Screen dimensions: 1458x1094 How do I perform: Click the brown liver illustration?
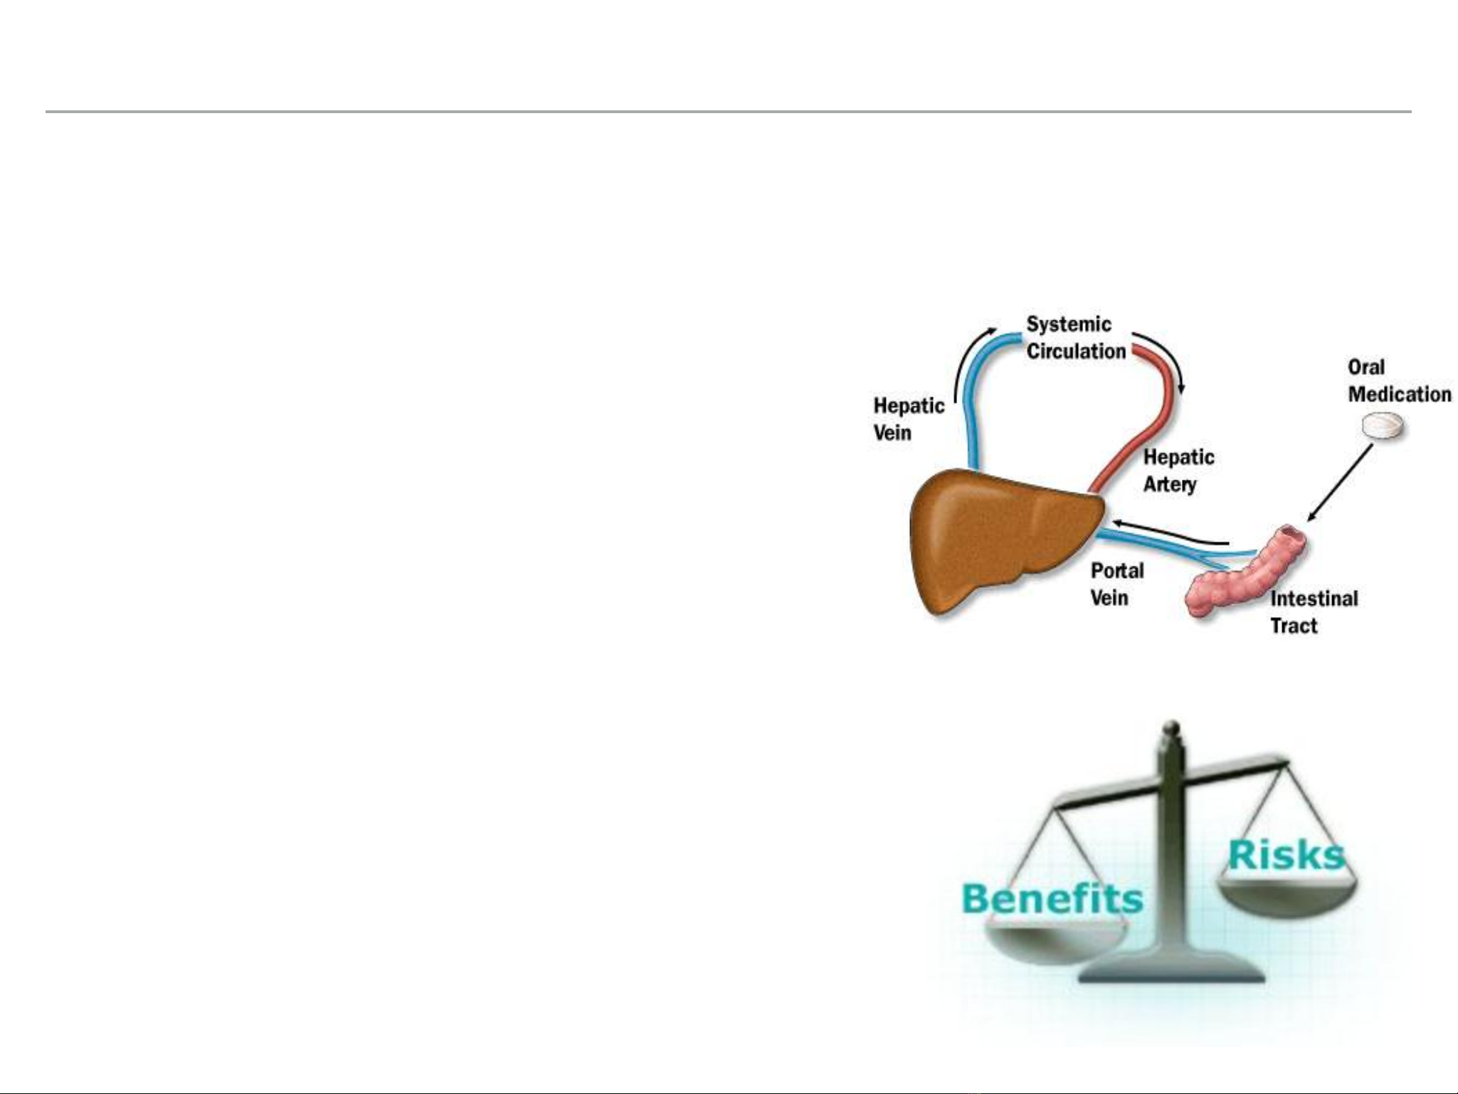pos(1003,541)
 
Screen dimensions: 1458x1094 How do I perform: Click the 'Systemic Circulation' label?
pos(1075,338)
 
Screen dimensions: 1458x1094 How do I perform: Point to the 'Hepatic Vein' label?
pos(909,419)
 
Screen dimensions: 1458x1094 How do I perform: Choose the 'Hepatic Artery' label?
pos(1178,470)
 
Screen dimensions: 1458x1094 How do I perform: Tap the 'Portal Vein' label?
pos(1117,584)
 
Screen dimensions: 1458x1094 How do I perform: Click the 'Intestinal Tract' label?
pos(1314,611)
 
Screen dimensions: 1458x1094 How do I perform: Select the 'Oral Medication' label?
pos(1399,380)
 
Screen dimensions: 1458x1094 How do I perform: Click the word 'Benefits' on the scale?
pos(1052,898)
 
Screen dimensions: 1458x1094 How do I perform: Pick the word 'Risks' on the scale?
pos(1287,854)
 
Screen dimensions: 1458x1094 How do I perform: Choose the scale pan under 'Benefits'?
pos(1057,941)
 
